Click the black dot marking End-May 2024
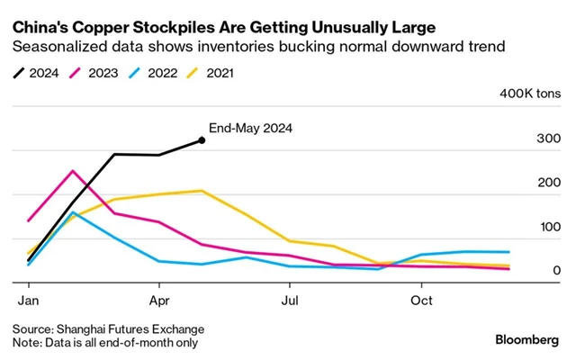(201, 140)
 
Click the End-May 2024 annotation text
(251, 128)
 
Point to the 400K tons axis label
(531, 94)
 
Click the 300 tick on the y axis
(549, 138)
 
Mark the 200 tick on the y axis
(549, 183)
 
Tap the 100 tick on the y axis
(549, 227)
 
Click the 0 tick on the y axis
(558, 271)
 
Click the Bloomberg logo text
(531, 339)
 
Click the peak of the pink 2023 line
(73, 171)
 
